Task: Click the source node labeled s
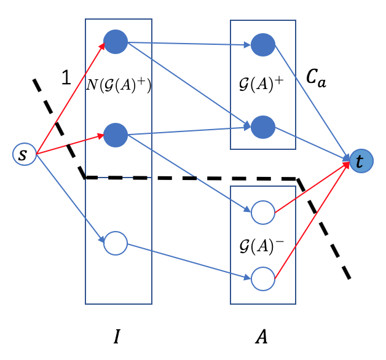(x=23, y=154)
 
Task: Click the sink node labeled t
(x=360, y=161)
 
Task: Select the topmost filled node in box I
(x=115, y=42)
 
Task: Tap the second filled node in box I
(x=115, y=133)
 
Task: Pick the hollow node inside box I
(x=115, y=243)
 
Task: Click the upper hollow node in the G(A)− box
(x=263, y=213)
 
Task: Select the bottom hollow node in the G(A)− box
(x=263, y=278)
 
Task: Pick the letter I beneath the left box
(x=117, y=337)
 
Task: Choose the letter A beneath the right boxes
(x=261, y=337)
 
